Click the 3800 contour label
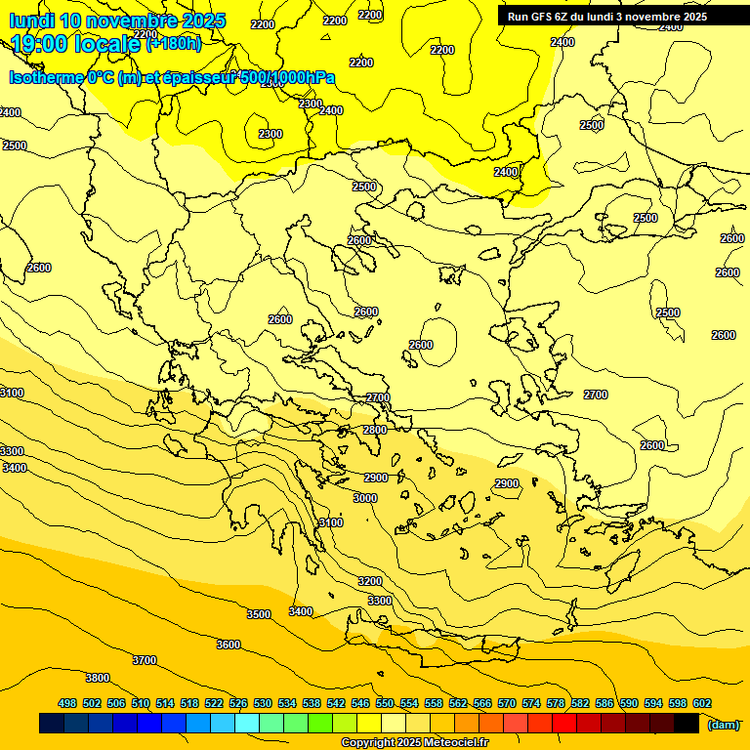(x=98, y=678)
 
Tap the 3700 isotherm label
(x=145, y=660)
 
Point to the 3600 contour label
(x=229, y=645)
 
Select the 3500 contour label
(x=259, y=614)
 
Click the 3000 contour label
(x=365, y=498)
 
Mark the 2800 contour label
(x=375, y=430)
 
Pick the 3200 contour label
(x=370, y=581)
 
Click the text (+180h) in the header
(x=174, y=43)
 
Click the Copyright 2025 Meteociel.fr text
(x=415, y=743)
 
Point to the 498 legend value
(x=67, y=703)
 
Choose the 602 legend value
(x=702, y=703)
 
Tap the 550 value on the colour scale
(x=385, y=703)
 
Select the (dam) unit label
(x=723, y=724)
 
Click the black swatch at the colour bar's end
(x=687, y=724)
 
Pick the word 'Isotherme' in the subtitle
(x=46, y=78)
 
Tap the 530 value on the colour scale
(x=263, y=703)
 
